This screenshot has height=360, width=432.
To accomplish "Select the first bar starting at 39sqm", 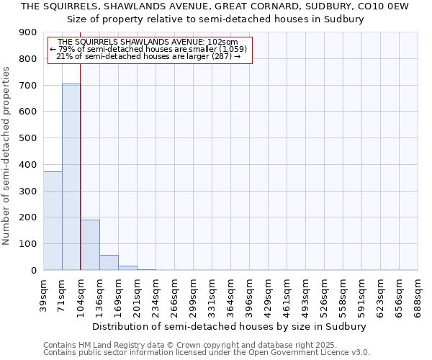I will (53, 220).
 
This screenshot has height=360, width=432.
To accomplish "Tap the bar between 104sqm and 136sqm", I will (90, 245).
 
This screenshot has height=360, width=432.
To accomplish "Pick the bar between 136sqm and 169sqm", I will (109, 263).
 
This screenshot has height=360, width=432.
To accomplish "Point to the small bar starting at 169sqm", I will (127, 268).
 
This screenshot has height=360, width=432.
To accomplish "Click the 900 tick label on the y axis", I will (28, 32).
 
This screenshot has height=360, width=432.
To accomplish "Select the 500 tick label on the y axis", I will (28, 138).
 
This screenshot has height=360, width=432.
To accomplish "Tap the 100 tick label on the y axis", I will (28, 244).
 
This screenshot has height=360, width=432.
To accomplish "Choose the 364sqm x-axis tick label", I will (231, 293).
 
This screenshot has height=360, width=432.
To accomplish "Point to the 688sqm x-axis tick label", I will (418, 293).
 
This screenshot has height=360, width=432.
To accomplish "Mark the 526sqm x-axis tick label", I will (325, 293).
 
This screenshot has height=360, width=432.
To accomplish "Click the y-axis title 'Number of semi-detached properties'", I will (7, 155).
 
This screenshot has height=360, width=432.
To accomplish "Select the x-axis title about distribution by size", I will (230, 326).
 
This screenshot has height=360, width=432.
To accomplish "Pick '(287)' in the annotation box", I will (219, 56).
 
